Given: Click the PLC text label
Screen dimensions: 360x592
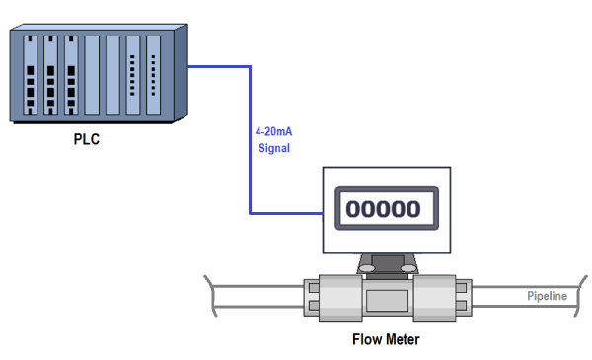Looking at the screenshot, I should tap(87, 139).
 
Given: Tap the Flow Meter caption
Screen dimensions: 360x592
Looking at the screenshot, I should tap(387, 340).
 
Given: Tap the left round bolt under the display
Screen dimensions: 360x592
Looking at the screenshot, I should tap(366, 267).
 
